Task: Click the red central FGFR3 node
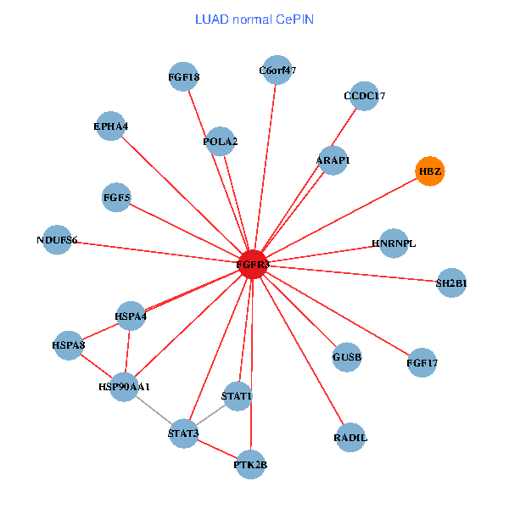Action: pyautogui.click(x=253, y=265)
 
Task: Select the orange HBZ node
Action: pyautogui.click(x=429, y=171)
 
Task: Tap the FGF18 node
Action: pyautogui.click(x=184, y=78)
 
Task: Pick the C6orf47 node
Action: pyautogui.click(x=277, y=70)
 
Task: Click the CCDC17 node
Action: pyautogui.click(x=364, y=96)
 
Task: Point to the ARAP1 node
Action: pyautogui.click(x=333, y=160)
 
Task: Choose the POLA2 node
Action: pyautogui.click(x=221, y=141)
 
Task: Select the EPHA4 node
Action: pyautogui.click(x=111, y=127)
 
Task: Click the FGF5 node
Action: pyautogui.click(x=116, y=198)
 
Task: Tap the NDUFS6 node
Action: pyautogui.click(x=57, y=240)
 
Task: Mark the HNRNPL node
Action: pyautogui.click(x=394, y=243)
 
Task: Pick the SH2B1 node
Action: pyautogui.click(x=451, y=282)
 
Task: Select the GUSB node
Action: pyautogui.click(x=347, y=357)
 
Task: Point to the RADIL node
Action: pyautogui.click(x=350, y=438)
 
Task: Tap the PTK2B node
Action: pyautogui.click(x=250, y=465)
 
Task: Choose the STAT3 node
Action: pyautogui.click(x=183, y=433)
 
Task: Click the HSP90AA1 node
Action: pyautogui.click(x=124, y=387)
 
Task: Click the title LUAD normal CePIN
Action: pyautogui.click(x=254, y=19)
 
